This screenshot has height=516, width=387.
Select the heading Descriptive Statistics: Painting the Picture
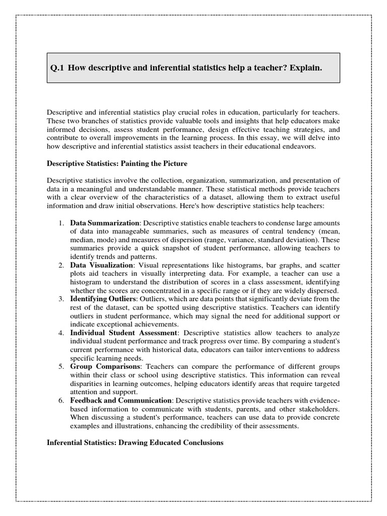[117, 163]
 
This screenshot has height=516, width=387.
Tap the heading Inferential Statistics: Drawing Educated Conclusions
[135, 442]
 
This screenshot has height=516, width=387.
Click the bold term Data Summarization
[104, 223]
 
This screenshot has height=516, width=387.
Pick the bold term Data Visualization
[102, 265]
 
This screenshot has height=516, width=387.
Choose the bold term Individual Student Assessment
[123, 333]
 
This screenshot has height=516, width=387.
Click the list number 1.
[61, 223]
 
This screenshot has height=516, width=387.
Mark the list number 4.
[61, 333]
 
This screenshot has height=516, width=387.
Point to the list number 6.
[61, 400]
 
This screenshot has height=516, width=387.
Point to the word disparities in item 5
[86, 383]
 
